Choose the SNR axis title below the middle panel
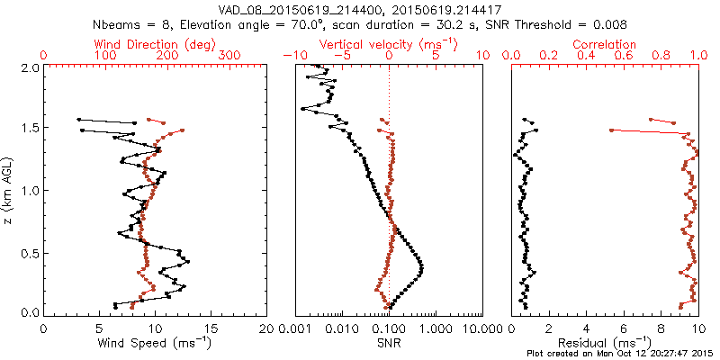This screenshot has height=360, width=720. [389, 342]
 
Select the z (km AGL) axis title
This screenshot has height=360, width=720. [8, 190]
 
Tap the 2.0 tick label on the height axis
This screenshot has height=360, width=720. [31, 67]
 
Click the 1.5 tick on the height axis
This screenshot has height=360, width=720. [31, 129]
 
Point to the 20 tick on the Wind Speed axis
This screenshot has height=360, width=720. [266, 328]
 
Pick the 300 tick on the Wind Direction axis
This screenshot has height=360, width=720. [230, 56]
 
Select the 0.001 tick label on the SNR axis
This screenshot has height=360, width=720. [295, 328]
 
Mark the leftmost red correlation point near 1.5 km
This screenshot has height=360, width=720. [611, 130]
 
